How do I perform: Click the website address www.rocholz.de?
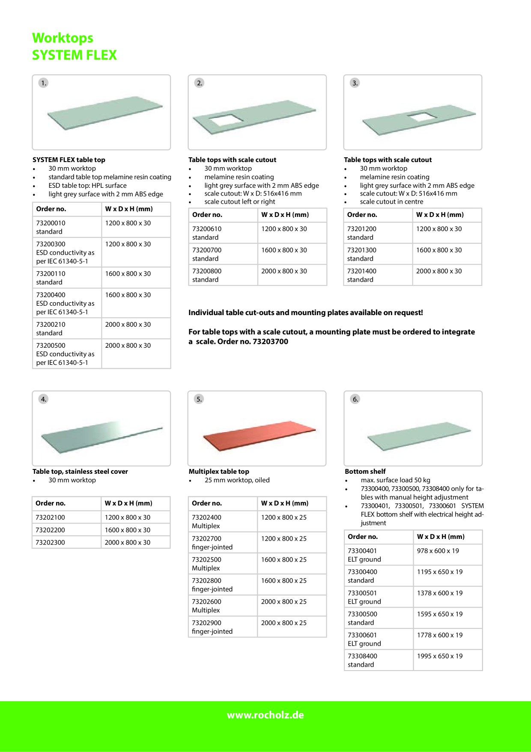point(265,715)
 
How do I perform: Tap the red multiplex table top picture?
point(260,436)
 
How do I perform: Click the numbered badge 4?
point(44,399)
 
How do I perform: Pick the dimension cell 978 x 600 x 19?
point(438,551)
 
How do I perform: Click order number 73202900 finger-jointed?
point(212,627)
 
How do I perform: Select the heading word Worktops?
point(63,38)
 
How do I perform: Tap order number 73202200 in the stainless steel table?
point(51,530)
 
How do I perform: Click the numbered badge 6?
point(355,399)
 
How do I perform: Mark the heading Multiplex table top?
point(219,472)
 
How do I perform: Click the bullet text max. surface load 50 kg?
point(396,480)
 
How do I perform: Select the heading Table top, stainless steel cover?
point(80,472)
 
